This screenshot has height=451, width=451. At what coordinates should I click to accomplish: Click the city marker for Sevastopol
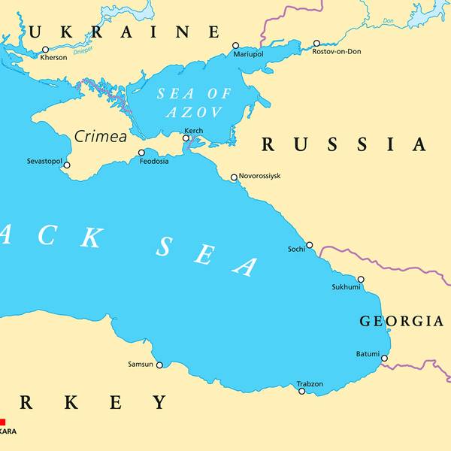coord(67,165)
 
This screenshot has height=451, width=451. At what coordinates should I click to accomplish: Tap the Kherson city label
coord(53,58)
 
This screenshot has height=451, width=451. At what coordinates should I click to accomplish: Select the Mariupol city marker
coord(235,46)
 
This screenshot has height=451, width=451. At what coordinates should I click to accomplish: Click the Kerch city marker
coord(186,138)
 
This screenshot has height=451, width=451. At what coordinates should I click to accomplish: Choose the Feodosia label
coord(154,162)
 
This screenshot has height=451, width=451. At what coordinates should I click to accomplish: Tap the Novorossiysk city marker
coord(234,177)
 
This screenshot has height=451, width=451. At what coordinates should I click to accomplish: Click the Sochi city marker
coord(309,245)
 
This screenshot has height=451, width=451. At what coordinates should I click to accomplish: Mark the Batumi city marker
coord(384,358)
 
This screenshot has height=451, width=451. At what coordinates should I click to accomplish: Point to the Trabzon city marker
coord(302,391)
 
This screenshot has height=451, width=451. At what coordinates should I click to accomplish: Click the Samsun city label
coord(141,365)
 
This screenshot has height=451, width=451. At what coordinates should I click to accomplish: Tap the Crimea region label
coord(100,137)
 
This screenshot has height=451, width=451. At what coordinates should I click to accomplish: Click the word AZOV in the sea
coord(195,113)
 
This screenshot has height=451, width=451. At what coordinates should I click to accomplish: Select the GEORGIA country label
coord(401,321)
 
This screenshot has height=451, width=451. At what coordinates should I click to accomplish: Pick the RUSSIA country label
coord(344,144)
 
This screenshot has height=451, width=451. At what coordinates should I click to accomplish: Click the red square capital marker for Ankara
coord(2,422)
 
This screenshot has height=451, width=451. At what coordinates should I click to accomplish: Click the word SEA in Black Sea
coord(207,256)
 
